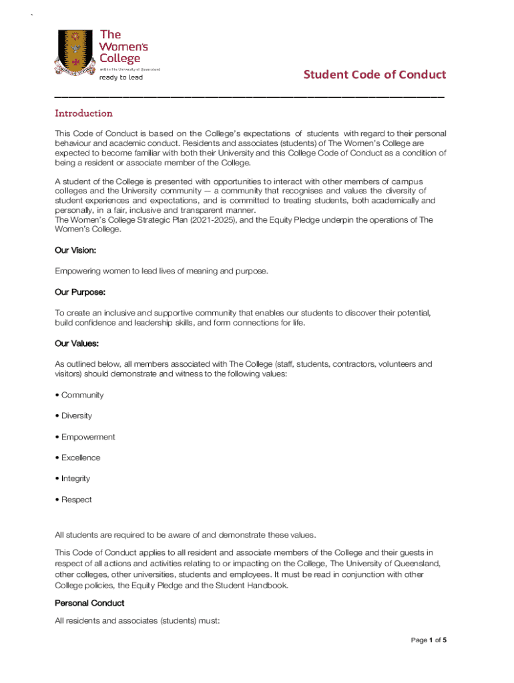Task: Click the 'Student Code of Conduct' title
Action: pos(374,74)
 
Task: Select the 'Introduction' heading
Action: pos(83,113)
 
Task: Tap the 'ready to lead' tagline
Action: pos(121,77)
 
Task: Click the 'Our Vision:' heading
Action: pos(75,250)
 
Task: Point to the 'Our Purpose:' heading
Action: pos(80,292)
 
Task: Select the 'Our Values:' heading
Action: pos(77,344)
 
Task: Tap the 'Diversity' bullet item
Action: pos(77,416)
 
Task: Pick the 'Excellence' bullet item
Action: pos(81,458)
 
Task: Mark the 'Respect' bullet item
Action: pos(77,500)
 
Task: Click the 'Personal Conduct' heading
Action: pos(89,603)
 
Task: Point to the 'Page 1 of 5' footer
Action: pos(428,640)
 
